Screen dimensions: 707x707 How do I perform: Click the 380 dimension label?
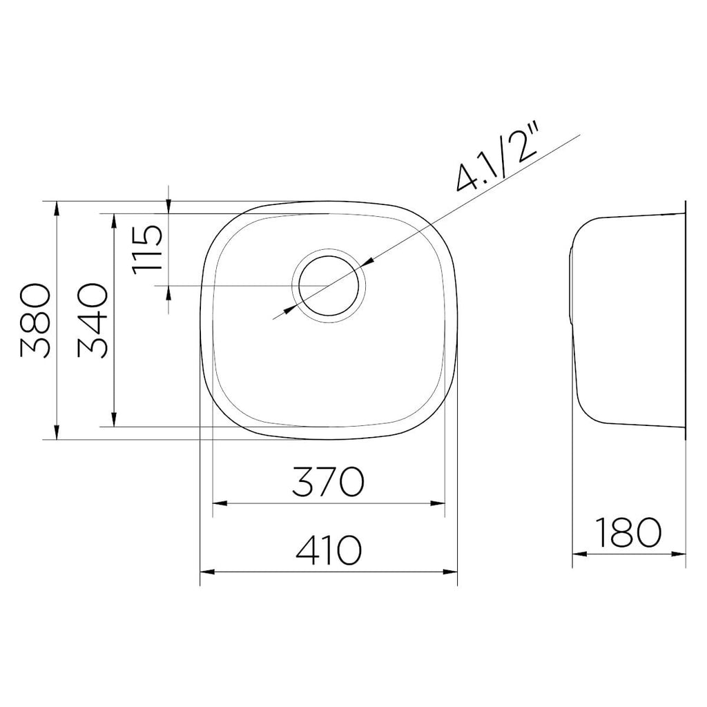tap(35, 320)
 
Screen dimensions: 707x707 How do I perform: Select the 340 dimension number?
tap(93, 320)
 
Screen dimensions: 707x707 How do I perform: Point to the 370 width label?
tap(328, 481)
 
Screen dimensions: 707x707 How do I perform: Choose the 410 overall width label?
tap(329, 550)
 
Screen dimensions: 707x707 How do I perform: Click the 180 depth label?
tap(628, 532)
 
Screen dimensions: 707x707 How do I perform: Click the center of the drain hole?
tap(328, 287)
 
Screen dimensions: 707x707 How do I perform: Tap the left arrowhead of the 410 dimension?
tap(207, 572)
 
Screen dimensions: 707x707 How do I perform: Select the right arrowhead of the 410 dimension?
tap(450, 572)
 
